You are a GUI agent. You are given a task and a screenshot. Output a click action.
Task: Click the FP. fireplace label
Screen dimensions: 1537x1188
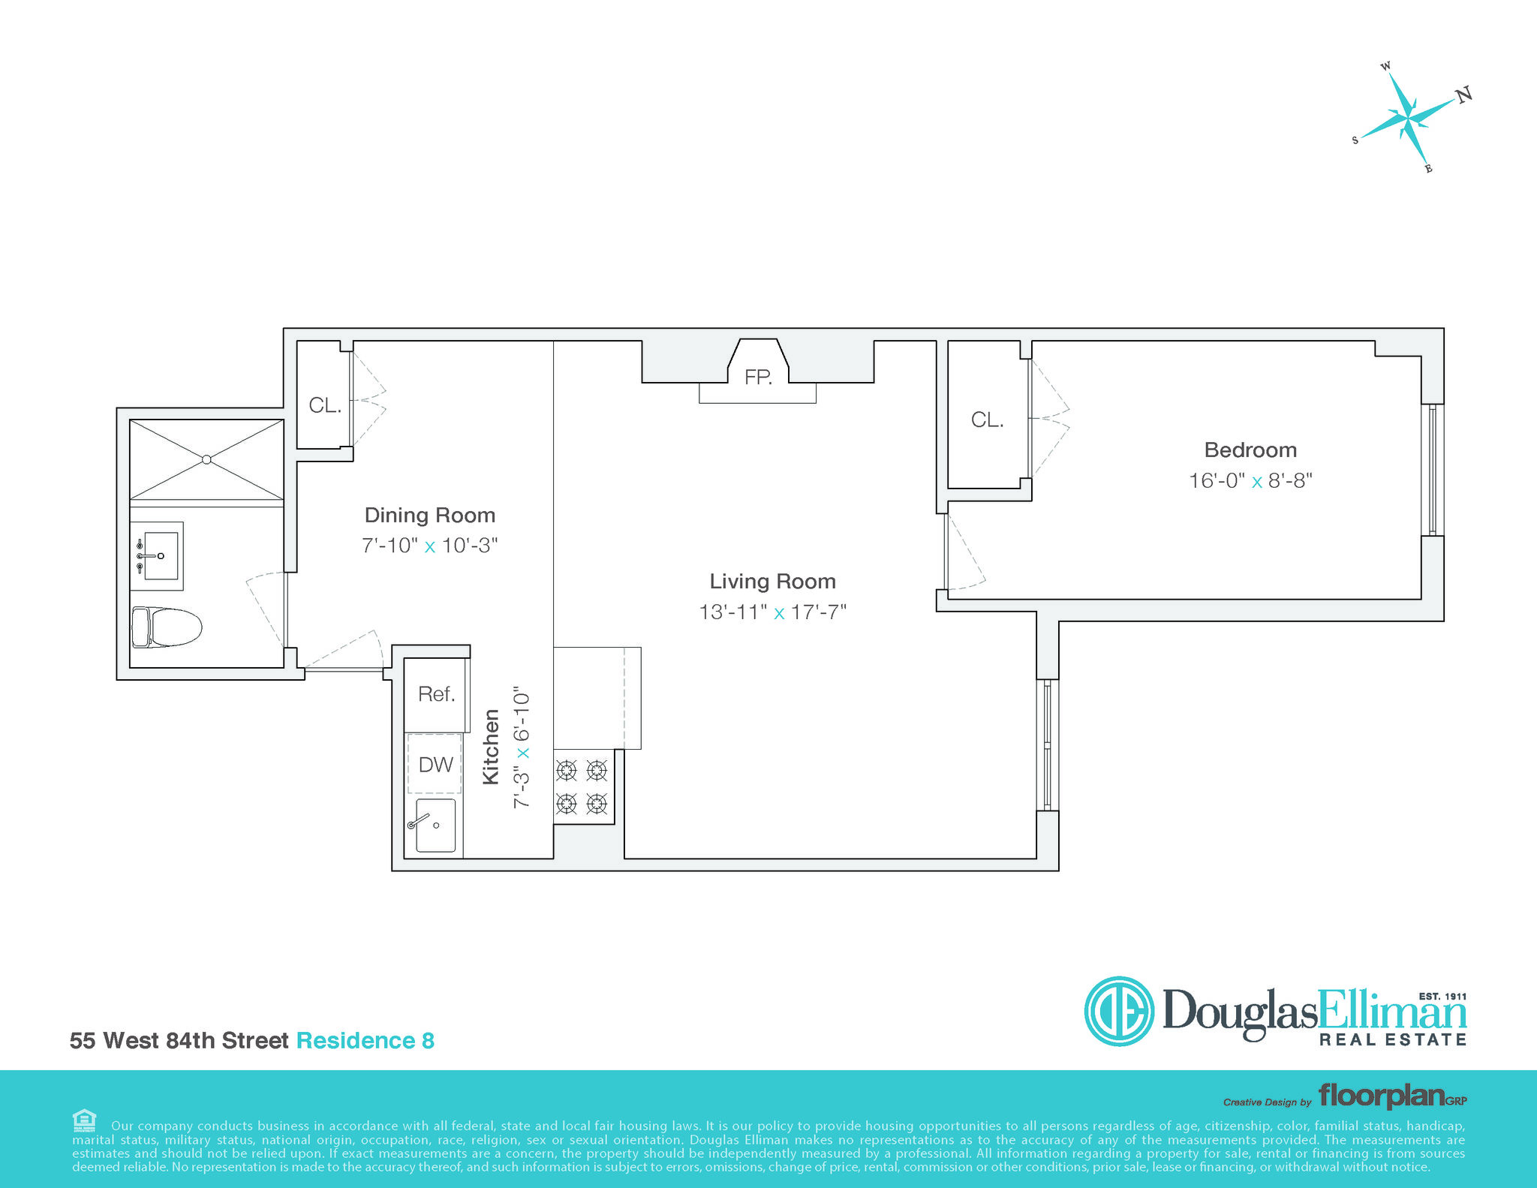[758, 377]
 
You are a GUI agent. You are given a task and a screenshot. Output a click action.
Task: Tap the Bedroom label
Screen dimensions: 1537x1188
[1250, 450]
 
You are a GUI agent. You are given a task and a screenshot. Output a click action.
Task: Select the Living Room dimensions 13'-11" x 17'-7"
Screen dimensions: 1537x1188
[772, 612]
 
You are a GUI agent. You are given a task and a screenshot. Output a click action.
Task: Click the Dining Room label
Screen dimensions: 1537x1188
[430, 515]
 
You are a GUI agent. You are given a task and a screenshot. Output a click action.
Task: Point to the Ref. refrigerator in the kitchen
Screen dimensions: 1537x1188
[436, 694]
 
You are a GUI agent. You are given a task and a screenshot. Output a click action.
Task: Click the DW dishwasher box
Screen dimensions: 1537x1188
[435, 764]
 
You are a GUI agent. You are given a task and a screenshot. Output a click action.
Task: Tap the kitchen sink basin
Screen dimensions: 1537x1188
[435, 825]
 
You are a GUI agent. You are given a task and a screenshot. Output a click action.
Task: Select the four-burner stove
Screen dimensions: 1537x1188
[583, 786]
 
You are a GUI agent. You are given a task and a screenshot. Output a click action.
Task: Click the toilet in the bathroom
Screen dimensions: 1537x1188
[167, 627]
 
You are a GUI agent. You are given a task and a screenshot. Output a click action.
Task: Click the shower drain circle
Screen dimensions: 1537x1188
[207, 459]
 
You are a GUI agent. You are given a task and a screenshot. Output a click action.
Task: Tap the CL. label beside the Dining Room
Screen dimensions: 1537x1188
[325, 405]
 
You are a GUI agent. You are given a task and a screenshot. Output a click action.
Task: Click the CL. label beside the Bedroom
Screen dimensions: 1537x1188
[987, 420]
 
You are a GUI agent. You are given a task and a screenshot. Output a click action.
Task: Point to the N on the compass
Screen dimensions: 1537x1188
[1463, 95]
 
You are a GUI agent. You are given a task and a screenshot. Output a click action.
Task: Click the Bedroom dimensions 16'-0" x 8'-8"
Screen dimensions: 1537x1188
[1250, 480]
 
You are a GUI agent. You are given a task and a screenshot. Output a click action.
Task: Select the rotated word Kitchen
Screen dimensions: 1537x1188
[491, 747]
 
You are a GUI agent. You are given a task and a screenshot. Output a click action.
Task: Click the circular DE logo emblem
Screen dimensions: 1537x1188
[1119, 1011]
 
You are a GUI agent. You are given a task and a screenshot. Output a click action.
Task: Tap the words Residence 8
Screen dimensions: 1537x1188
[365, 1041]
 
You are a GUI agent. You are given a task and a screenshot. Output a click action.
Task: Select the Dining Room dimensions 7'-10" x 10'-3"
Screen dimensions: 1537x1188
[430, 546]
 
